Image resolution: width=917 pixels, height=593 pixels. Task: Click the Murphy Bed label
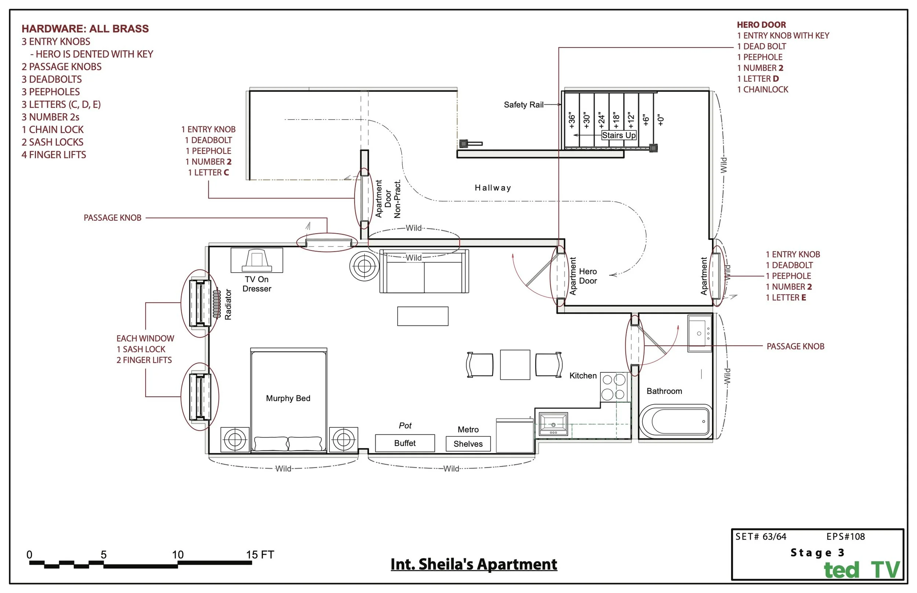(288, 398)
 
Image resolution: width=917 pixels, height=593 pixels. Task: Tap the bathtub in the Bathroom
(675, 421)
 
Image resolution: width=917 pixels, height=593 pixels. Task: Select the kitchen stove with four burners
(614, 387)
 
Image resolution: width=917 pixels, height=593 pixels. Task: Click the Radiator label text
(228, 304)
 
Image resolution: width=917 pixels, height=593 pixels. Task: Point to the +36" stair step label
(572, 121)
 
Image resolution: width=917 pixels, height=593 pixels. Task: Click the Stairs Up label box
(619, 135)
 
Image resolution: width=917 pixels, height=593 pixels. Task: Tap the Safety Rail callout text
(523, 105)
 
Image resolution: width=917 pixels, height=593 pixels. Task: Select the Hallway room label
(493, 188)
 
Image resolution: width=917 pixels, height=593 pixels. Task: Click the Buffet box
(405, 443)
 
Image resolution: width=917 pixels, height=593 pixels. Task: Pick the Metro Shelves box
(468, 443)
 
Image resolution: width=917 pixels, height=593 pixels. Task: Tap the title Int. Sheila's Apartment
(474, 564)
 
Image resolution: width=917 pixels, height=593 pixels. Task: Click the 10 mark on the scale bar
(178, 555)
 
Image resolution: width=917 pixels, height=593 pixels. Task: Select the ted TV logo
(862, 570)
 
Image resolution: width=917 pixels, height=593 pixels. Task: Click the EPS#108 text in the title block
(845, 537)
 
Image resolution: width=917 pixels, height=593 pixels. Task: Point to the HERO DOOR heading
(761, 25)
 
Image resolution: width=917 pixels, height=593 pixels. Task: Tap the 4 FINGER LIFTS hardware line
(54, 155)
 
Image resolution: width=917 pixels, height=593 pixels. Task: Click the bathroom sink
(699, 334)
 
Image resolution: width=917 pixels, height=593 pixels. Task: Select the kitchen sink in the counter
(553, 424)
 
